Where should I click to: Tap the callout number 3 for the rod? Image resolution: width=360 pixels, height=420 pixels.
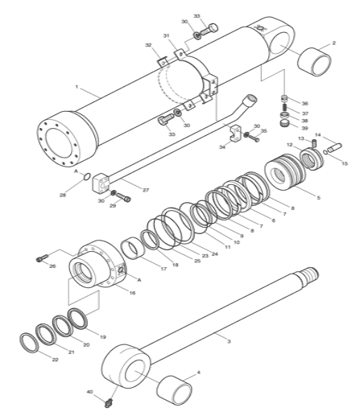pyautogui.click(x=229, y=341)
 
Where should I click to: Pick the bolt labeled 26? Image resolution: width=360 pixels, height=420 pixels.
pyautogui.click(x=43, y=258)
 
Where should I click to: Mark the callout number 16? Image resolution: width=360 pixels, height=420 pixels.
pyautogui.click(x=130, y=294)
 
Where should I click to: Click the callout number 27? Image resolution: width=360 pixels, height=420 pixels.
pyautogui.click(x=146, y=190)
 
